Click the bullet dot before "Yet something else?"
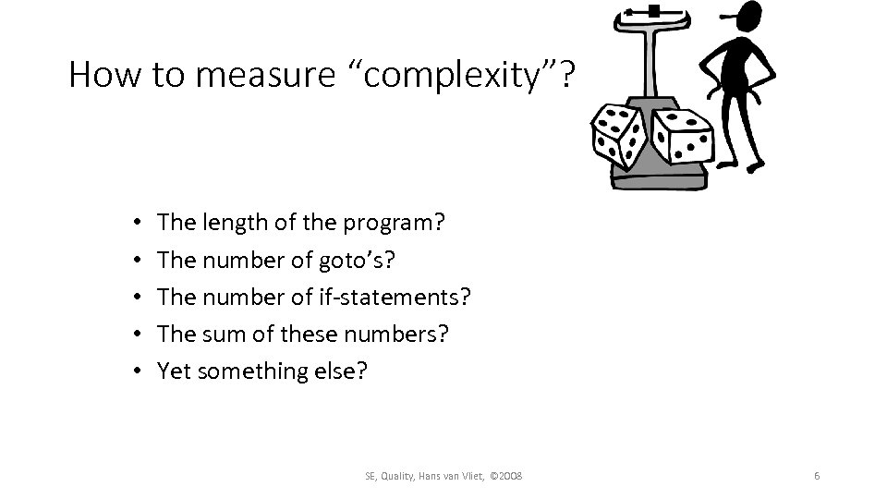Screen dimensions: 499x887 (x=135, y=371)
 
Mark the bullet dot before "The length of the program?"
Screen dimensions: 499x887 (x=135, y=224)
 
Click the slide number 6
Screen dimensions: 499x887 (x=817, y=475)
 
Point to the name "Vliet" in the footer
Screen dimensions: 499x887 (x=467, y=475)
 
